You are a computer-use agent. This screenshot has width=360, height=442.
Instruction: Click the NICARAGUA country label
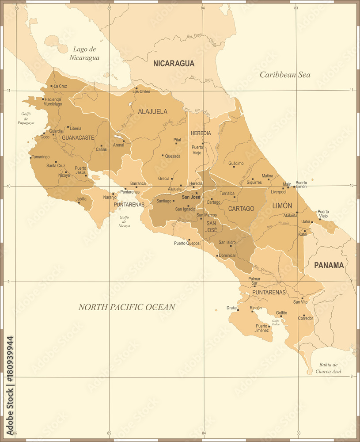pos(174,64)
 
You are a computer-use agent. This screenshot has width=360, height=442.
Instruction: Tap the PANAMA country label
pos(329,265)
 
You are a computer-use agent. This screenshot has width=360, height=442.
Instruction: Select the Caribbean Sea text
pos(284,75)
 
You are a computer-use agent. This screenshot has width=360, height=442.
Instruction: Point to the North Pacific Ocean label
pos(127,307)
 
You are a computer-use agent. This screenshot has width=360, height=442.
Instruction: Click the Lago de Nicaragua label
pos(84,53)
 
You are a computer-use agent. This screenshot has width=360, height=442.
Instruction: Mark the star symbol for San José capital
pos(197,193)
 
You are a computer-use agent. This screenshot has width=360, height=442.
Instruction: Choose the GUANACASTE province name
pos(78,137)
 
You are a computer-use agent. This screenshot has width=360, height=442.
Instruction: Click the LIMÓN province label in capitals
pos(282,206)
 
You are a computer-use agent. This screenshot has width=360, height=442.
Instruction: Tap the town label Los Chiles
pos(141,91)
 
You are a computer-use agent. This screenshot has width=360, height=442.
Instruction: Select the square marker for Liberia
pos(68,127)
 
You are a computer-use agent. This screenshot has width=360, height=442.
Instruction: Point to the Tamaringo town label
pos(41,157)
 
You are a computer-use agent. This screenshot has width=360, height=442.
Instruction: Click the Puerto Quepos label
pos(187,243)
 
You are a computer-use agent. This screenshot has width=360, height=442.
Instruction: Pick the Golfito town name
pos(281,312)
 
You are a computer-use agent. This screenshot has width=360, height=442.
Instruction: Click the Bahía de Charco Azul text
pos(328,368)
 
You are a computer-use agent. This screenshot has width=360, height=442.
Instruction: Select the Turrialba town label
pos(227,193)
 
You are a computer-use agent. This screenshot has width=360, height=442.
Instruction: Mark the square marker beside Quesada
pos(163,155)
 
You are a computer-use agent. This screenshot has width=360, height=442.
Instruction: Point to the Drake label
pos(231,308)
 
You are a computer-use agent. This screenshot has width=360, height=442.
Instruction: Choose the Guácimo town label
pos(236,163)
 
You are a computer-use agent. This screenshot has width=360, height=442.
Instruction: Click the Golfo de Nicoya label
pos(125,221)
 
